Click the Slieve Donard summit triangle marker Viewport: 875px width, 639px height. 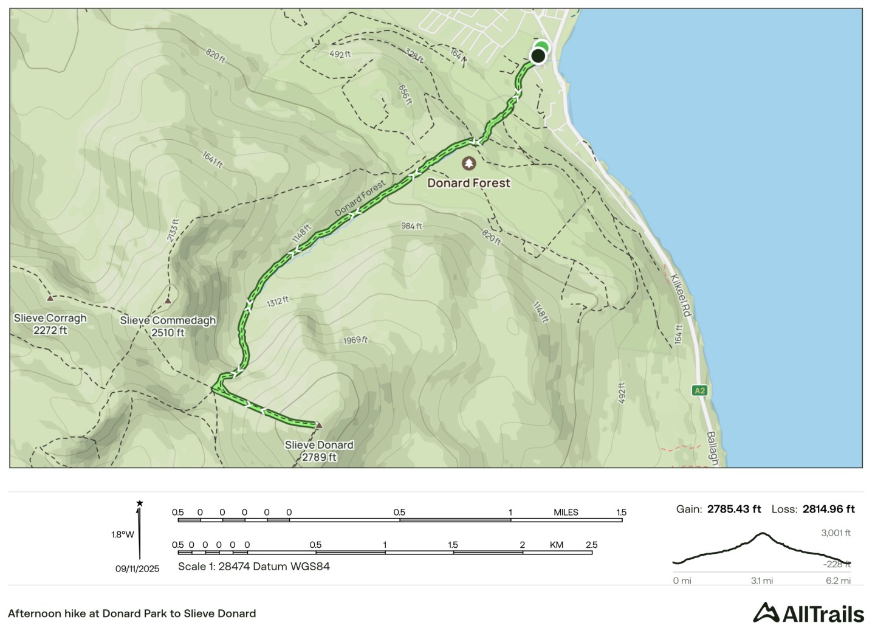coord(318,426)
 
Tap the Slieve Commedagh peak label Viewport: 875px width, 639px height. coord(168,326)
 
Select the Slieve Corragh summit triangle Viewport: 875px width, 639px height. coord(50,299)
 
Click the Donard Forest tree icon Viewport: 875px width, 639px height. coord(468,164)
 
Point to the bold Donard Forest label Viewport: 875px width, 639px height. coord(468,183)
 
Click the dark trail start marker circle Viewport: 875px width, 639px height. coord(538,56)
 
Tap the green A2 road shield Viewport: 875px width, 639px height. coord(699,390)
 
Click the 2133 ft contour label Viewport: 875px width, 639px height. coord(174,230)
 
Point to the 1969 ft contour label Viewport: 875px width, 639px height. coord(355,340)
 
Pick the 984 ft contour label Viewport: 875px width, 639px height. coord(411,226)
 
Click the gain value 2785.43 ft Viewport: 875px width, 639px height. coord(733,509)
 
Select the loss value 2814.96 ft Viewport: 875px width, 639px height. coord(828,509)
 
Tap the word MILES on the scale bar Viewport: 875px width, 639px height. coord(566,513)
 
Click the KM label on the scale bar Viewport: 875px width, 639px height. coord(556,545)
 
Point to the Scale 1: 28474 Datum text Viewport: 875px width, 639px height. coord(253,567)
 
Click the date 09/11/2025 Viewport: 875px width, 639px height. coord(137,569)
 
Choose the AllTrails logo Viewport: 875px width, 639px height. coord(808,613)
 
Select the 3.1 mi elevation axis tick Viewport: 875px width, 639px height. coord(761,581)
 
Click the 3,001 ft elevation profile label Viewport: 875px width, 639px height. coord(836,533)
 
